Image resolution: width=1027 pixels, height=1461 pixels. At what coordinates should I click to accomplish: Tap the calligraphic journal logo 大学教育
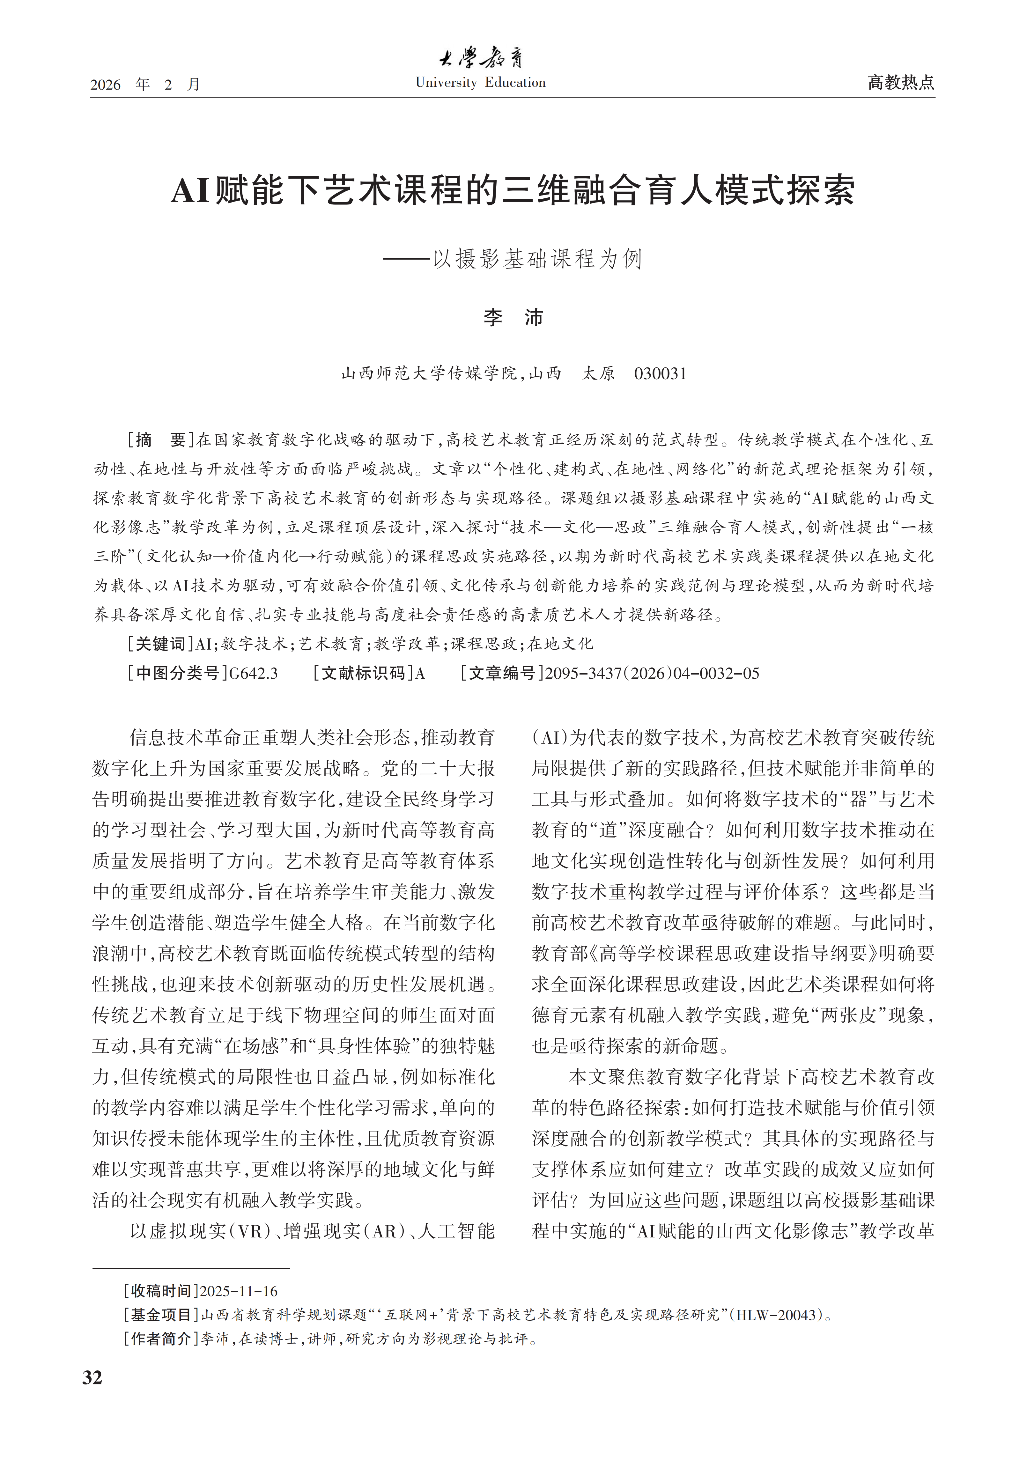(x=481, y=59)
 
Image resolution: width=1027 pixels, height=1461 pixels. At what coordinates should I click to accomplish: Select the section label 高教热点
(x=900, y=83)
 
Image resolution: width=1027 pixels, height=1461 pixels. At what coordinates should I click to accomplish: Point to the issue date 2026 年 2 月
(x=145, y=85)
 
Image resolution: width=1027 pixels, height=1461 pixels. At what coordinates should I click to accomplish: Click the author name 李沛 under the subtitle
(x=513, y=318)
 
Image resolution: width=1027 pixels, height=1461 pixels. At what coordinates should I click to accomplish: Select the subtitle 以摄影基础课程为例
(x=538, y=259)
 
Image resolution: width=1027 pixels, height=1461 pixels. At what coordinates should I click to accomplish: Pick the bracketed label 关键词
(x=160, y=644)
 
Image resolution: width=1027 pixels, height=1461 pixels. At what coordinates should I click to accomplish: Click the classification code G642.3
(x=253, y=673)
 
